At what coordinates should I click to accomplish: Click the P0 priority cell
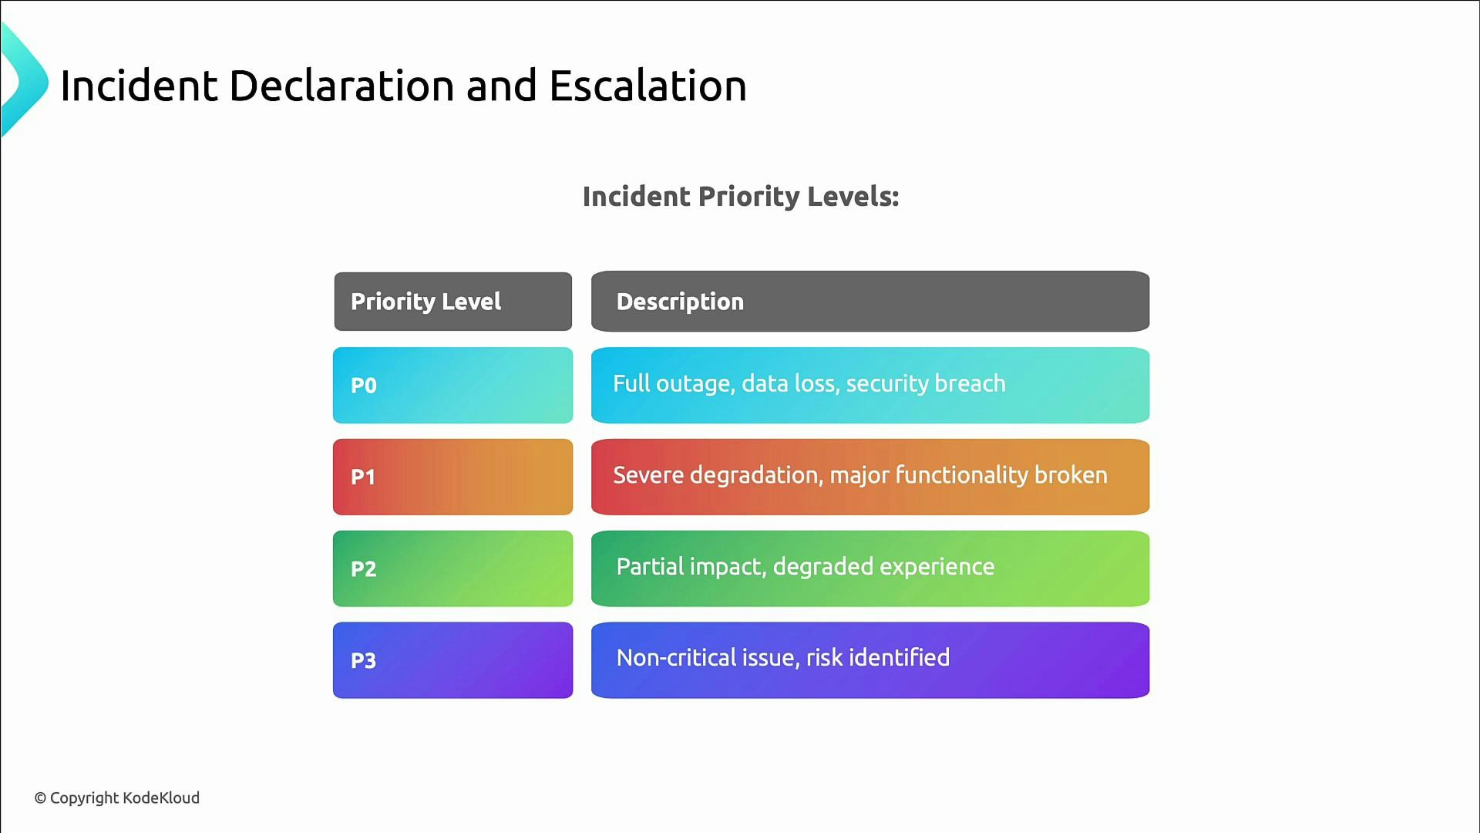(452, 385)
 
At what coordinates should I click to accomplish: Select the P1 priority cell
(452, 477)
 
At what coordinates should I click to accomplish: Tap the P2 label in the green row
(364, 568)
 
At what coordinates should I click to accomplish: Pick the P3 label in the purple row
(364, 660)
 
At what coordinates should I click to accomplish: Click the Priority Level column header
(425, 302)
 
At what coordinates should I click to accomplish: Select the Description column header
(680, 302)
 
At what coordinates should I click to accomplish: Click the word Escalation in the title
(647, 86)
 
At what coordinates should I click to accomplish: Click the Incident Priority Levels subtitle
(740, 197)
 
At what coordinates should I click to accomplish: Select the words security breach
(925, 383)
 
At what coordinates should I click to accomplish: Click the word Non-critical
(676, 658)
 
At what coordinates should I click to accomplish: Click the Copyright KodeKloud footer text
(117, 798)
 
